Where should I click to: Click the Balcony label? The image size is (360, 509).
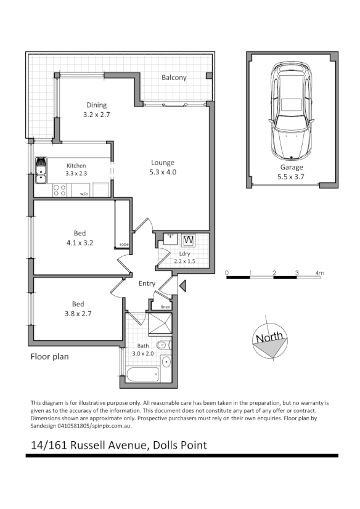[174, 78]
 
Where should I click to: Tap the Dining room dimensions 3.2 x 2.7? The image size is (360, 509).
[96, 115]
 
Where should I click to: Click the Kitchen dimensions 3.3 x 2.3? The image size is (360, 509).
[76, 174]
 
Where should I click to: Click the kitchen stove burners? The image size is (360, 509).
[60, 192]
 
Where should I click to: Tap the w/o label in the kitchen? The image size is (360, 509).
[84, 193]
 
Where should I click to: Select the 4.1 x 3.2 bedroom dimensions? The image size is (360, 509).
[80, 243]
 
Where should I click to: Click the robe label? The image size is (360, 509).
[124, 245]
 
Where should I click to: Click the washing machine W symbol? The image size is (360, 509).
[188, 240]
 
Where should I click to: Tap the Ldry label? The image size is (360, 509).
[183, 253]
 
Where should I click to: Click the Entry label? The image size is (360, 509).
[147, 283]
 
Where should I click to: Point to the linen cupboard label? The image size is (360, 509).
[165, 306]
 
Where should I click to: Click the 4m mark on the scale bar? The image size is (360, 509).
[320, 272]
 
